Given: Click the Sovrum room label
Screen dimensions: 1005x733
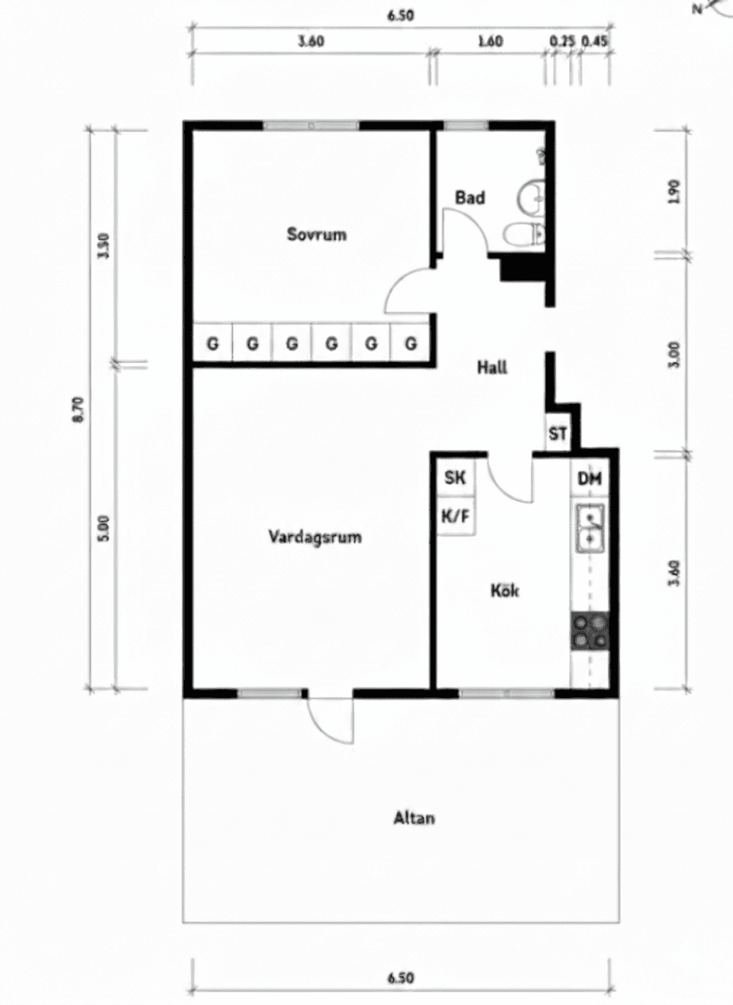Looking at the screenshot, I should [x=316, y=234].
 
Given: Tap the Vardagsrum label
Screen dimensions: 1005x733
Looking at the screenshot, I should [x=315, y=537].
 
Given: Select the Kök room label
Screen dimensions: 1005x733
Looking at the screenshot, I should [x=505, y=590].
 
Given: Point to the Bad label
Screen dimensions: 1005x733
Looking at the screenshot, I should [x=470, y=198].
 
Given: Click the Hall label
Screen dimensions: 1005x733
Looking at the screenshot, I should [x=492, y=367].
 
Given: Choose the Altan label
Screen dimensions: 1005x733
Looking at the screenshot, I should [x=414, y=819].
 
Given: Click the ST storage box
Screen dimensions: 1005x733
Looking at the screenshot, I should [x=557, y=434].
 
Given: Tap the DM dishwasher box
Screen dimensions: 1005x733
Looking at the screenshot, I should [x=589, y=479].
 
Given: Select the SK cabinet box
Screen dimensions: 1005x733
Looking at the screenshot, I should [x=455, y=478].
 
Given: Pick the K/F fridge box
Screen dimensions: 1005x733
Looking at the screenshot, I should [x=455, y=517].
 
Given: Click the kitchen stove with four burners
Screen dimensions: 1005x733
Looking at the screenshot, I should [x=590, y=632].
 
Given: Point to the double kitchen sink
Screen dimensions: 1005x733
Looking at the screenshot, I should [x=589, y=528].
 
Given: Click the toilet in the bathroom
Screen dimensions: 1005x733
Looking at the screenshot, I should [x=525, y=233].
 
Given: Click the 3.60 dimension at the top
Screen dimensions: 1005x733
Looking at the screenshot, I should [x=311, y=42].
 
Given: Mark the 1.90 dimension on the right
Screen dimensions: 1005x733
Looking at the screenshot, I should [x=673, y=191].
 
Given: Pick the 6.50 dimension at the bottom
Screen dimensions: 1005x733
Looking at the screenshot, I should [x=400, y=978].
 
